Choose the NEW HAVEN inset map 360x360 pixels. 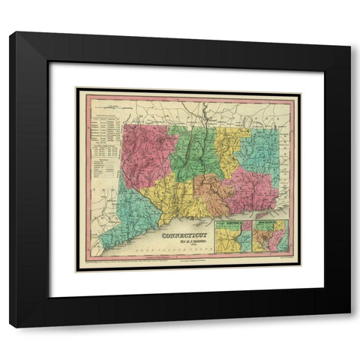pyautogui.click(x=269, y=238)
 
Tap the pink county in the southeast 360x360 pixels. pyautogui.click(x=247, y=191)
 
